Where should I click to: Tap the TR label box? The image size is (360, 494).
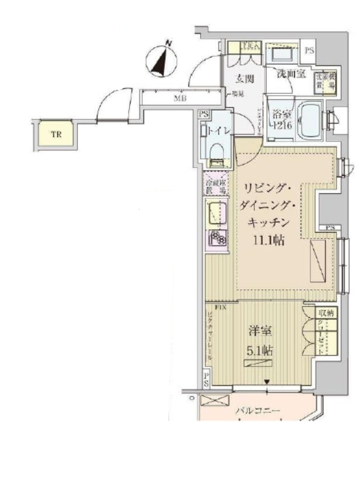56,135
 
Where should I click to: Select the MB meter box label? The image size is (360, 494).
179,98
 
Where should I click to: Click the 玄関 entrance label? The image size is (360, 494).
244,79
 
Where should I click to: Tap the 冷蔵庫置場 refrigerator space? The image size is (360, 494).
216,185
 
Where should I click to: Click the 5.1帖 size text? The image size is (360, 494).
260,350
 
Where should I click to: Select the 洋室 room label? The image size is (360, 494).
260,332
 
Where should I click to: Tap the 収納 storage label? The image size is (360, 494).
325,312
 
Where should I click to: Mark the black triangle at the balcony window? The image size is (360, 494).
267,381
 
